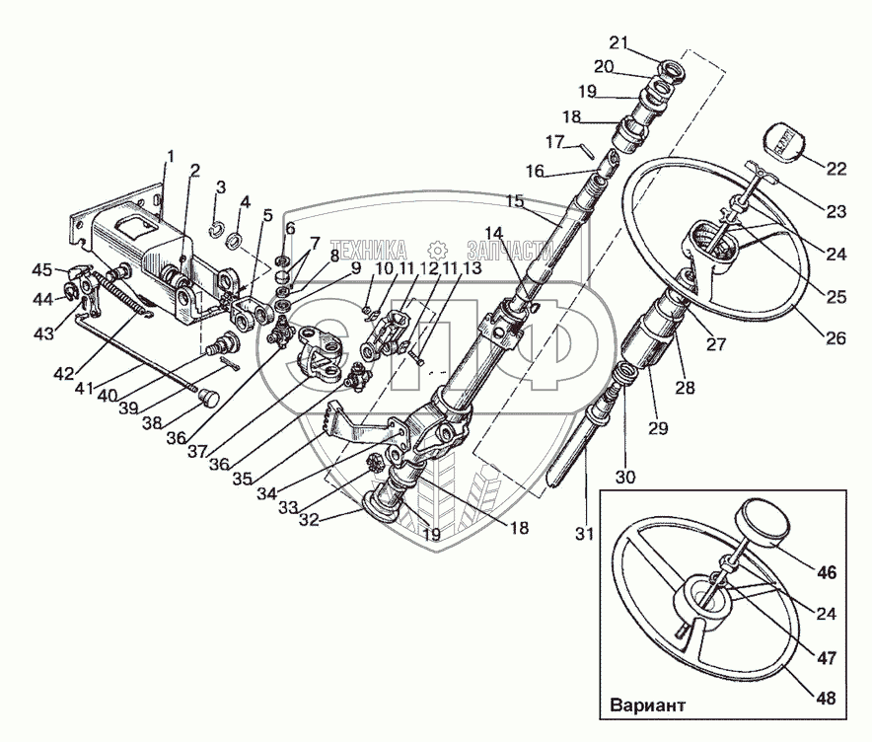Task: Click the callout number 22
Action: click(x=836, y=169)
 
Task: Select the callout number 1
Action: click(x=171, y=157)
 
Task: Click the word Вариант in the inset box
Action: click(x=647, y=705)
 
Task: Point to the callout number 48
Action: click(x=828, y=698)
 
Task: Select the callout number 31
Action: click(x=585, y=534)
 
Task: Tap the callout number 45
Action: click(x=41, y=269)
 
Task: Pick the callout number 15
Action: click(x=515, y=201)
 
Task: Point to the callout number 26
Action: click(x=836, y=337)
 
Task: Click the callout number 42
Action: click(x=64, y=373)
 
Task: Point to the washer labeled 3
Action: click(x=217, y=229)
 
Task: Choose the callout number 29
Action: click(x=658, y=427)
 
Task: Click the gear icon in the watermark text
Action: click(x=438, y=251)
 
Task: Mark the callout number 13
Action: click(x=472, y=268)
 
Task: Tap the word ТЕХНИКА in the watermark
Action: click(x=368, y=251)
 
